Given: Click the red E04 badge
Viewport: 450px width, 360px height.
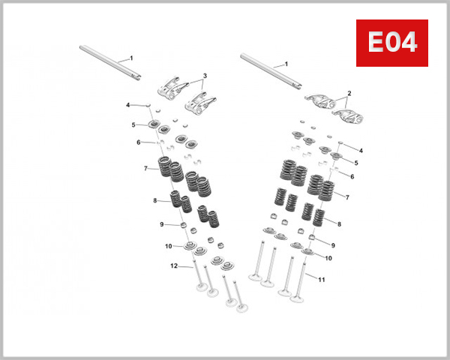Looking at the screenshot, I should [x=391, y=42].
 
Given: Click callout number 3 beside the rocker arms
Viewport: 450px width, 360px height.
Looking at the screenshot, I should [x=205, y=76].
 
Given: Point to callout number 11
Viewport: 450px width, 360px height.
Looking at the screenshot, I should [x=322, y=280].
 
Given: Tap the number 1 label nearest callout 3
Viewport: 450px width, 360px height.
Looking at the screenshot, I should [x=131, y=58].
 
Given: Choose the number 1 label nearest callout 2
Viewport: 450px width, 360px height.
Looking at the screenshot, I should [x=285, y=65].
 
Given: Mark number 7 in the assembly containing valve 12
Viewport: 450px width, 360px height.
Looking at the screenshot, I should [x=145, y=168].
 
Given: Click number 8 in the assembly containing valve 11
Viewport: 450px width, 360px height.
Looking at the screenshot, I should [x=339, y=223].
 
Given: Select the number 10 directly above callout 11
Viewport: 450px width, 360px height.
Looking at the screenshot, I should [x=328, y=257].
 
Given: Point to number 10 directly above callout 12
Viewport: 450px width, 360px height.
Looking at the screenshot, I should [x=169, y=246].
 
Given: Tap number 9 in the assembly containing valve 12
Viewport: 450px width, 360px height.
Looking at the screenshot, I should [x=161, y=223].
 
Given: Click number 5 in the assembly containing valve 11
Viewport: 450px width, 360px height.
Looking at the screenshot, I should [x=356, y=162].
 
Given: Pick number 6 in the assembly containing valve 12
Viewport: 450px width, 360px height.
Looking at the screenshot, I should [x=139, y=142].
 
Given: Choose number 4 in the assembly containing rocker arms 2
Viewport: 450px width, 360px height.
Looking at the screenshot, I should [x=361, y=151].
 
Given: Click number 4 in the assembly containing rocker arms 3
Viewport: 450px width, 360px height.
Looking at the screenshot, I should [x=128, y=105].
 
